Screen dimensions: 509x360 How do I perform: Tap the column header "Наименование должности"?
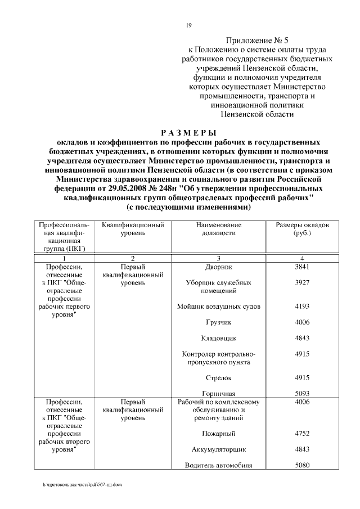click(219, 229)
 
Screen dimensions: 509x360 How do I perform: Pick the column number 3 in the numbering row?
click(219, 258)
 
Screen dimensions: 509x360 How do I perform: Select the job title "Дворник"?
click(219, 267)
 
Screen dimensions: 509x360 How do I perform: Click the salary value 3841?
click(302, 267)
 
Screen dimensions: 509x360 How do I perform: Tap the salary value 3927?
click(302, 283)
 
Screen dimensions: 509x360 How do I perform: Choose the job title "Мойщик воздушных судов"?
click(219, 307)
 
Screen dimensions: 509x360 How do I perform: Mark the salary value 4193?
click(302, 307)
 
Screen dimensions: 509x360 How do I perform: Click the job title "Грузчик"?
click(219, 322)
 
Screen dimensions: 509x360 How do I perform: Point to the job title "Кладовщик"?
click(219, 338)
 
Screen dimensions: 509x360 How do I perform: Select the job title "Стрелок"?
click(219, 377)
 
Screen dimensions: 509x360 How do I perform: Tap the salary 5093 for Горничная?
click(302, 393)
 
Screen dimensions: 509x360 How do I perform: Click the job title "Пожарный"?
click(219, 434)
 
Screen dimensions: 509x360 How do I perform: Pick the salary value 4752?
click(302, 434)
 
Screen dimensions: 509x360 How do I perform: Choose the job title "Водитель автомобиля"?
click(219, 465)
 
